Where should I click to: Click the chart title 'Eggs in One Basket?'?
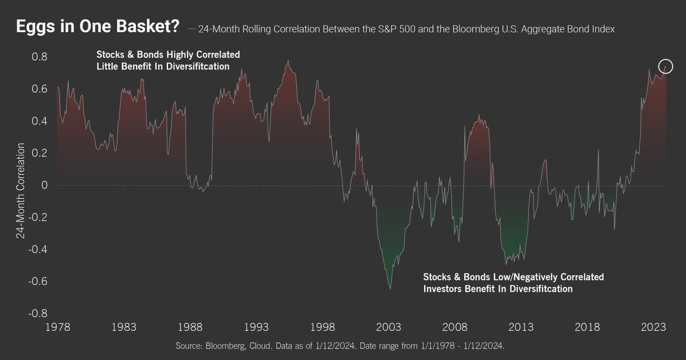click(x=97, y=27)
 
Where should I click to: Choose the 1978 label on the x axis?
click(x=58, y=327)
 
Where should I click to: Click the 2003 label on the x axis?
click(x=389, y=327)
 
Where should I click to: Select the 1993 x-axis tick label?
click(x=257, y=327)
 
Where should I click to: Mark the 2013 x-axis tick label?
click(x=521, y=327)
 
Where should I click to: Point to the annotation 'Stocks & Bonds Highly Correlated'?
click(x=167, y=55)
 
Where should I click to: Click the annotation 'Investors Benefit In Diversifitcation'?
click(x=497, y=289)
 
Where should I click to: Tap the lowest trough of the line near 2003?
click(x=390, y=289)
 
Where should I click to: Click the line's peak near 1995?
click(x=288, y=60)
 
